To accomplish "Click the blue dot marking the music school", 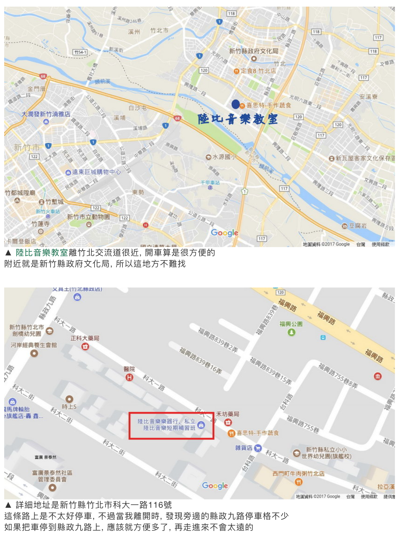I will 235,104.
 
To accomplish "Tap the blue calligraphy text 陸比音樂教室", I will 238,119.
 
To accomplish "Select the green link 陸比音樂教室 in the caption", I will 42,253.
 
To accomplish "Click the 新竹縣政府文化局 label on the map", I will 253,51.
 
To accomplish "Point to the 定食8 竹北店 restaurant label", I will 258,71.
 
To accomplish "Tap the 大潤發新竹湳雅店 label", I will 46,114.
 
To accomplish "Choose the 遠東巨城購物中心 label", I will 96,172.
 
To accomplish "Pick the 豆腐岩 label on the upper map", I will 358,226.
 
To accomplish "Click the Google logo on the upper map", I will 224,233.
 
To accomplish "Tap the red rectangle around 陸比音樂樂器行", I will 171,426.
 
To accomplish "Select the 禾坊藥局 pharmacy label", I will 227,414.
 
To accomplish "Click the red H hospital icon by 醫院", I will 129,377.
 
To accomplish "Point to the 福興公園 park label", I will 291,324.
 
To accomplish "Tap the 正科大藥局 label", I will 85,338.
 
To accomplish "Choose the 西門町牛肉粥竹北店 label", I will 298,474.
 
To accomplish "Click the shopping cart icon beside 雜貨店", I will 258,448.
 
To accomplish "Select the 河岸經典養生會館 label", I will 33,345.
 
